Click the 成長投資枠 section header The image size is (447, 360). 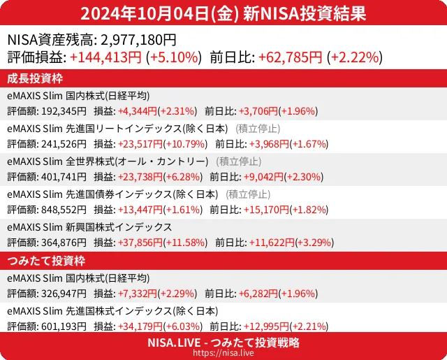[x=36, y=78]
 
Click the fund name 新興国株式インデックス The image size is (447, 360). [x=119, y=226]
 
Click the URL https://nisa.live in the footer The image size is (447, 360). [x=223, y=354]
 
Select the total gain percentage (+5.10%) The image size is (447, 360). [x=174, y=57]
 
